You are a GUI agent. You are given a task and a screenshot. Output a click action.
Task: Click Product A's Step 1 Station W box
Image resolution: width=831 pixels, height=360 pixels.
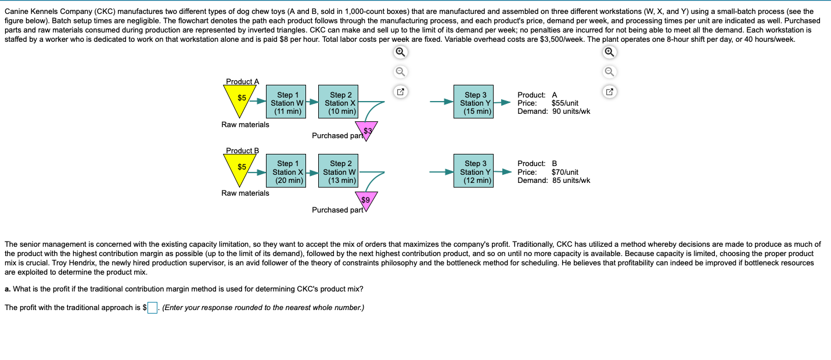coord(289,102)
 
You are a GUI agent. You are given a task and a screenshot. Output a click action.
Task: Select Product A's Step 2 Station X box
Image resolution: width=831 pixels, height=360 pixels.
coord(340,102)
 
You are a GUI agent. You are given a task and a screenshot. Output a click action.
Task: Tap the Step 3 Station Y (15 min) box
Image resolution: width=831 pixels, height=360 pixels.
coord(476,102)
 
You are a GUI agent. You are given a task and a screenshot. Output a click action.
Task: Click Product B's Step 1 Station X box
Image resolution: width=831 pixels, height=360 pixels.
coord(289,171)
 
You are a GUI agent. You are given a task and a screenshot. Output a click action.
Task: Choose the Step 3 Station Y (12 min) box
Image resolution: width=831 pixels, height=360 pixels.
coord(476,171)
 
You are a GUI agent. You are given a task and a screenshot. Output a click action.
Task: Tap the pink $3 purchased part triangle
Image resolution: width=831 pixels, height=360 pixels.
coord(367,130)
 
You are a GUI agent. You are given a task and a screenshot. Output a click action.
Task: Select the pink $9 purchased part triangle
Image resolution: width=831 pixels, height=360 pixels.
coord(366,200)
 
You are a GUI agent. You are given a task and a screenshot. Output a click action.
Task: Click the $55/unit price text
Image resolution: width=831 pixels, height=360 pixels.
coord(564,103)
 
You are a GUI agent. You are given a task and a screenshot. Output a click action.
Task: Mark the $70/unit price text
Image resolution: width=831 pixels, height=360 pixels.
coord(564,172)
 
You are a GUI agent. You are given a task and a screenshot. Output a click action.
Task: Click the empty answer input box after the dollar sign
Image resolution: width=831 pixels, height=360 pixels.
coord(152,308)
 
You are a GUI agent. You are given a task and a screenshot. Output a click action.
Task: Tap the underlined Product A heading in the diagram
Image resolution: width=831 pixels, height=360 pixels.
coord(242,82)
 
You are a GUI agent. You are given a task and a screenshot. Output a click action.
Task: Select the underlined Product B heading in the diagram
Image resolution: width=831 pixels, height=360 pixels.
coord(242,151)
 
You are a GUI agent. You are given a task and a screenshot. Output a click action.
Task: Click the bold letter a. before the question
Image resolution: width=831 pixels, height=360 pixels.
coord(8,289)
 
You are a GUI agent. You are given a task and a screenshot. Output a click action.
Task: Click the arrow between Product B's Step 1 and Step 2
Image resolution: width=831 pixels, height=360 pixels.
coord(311,172)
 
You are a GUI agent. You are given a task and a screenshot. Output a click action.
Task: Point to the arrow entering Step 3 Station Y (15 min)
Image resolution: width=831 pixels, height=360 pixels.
coord(441,102)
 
